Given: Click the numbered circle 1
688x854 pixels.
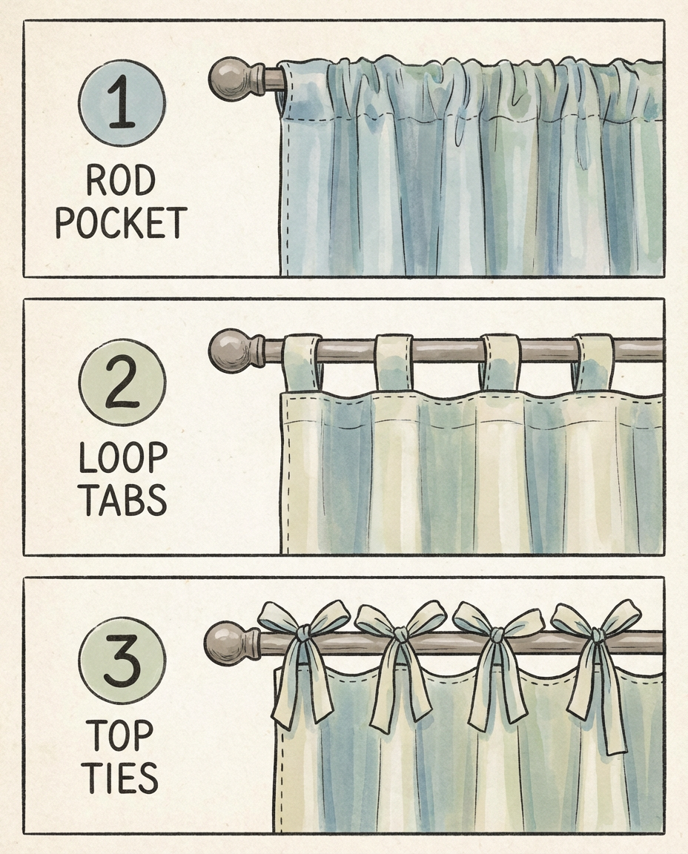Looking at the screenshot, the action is click(x=122, y=102).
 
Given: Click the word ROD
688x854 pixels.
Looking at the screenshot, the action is click(x=120, y=181).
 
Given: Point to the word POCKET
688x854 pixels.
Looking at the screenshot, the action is click(x=121, y=222).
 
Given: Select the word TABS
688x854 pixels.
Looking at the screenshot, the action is click(x=125, y=500).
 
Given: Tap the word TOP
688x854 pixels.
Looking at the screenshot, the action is click(x=120, y=736).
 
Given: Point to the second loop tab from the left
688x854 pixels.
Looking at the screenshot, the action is click(x=393, y=362).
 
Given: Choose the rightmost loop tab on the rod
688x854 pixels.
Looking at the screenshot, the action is click(x=595, y=362).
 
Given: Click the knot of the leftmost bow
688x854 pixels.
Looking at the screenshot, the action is click(x=303, y=633).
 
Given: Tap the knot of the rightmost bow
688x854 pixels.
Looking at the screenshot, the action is click(x=598, y=635).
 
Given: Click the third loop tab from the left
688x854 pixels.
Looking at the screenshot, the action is click(x=501, y=362).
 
